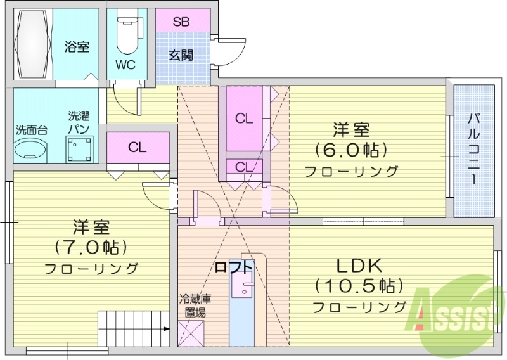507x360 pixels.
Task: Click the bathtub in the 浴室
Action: click(x=32, y=45)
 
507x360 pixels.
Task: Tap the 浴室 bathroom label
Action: click(x=77, y=46)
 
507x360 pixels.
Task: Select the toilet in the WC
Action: click(x=126, y=35)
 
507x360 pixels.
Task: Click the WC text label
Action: click(x=125, y=64)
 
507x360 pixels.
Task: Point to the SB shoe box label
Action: click(x=182, y=20)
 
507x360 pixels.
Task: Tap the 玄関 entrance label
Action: click(x=181, y=55)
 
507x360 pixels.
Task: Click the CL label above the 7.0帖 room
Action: click(x=138, y=148)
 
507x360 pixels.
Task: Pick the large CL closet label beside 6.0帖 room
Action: click(x=244, y=118)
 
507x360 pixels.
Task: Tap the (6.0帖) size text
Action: click(x=351, y=150)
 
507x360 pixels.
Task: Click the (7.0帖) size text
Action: click(x=91, y=246)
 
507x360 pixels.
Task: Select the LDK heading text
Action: click(x=359, y=265)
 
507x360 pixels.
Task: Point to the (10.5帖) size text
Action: click(x=359, y=286)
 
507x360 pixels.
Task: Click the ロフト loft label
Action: click(x=233, y=267)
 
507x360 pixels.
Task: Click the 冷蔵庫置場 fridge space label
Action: click(x=193, y=305)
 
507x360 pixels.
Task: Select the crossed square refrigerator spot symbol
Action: click(x=193, y=333)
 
